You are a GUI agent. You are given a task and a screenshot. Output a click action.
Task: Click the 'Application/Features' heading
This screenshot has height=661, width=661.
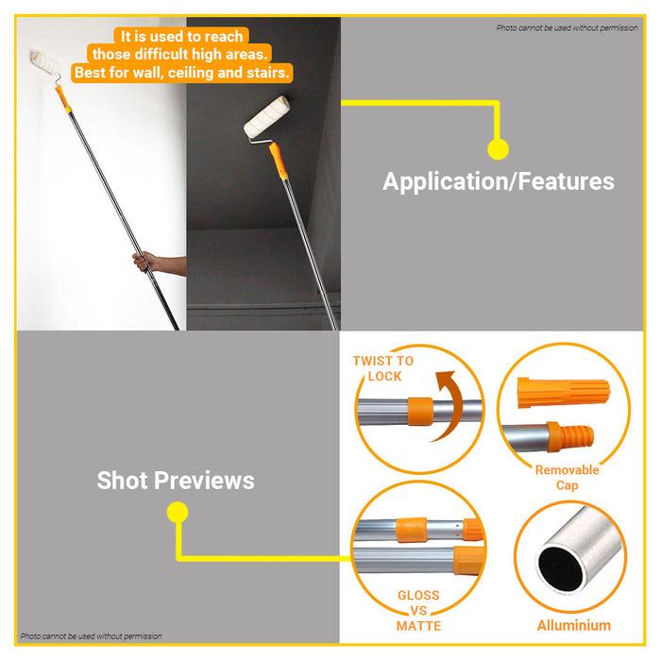click(x=498, y=181)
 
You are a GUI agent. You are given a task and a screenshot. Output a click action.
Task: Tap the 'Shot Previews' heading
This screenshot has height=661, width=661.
click(x=176, y=480)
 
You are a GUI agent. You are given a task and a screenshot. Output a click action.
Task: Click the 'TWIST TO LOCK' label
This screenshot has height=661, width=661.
click(x=383, y=368)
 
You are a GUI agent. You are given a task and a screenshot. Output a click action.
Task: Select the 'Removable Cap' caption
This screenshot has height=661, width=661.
click(x=567, y=478)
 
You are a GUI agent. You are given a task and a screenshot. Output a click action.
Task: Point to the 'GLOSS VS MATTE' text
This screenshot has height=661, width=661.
click(x=418, y=610)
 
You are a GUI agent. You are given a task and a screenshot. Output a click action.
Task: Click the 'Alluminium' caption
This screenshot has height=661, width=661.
click(x=573, y=625)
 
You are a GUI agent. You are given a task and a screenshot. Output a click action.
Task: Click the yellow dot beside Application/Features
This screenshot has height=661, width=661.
click(x=498, y=148)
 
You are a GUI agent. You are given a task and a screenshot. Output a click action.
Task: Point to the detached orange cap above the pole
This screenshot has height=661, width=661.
click(x=552, y=392)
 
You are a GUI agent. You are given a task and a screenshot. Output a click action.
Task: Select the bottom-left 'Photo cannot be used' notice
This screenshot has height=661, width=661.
click(x=91, y=636)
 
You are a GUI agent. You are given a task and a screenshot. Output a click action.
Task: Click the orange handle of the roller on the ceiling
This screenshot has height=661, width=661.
click(x=277, y=158)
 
